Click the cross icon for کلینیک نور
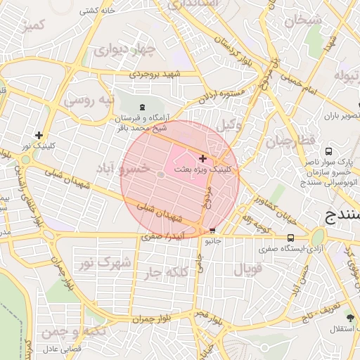point(39,135)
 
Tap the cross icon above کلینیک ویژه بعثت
point(203,158)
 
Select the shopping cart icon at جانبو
point(212,231)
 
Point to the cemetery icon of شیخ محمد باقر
point(143,107)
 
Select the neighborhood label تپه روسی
point(89,100)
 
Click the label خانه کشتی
point(98,11)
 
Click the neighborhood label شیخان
point(303,20)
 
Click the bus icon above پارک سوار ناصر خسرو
point(328,150)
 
